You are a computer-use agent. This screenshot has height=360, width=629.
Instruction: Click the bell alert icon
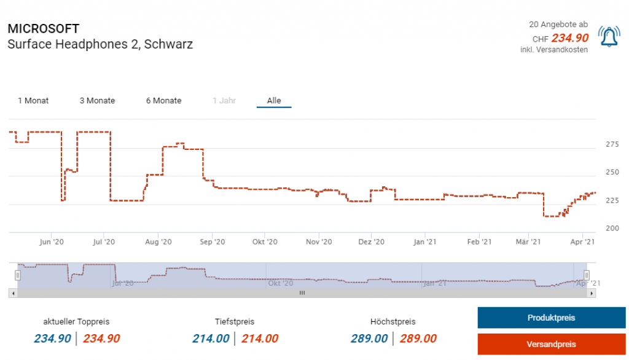click(x=609, y=37)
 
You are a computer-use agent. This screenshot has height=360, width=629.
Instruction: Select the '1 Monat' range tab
click(x=33, y=101)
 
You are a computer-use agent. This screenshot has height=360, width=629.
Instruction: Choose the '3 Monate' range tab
click(x=97, y=101)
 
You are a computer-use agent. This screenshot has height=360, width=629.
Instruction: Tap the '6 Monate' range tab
click(x=163, y=101)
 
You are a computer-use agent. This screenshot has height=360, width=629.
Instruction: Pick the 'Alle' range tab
click(x=274, y=101)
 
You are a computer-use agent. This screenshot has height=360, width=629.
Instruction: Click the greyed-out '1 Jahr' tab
click(x=224, y=101)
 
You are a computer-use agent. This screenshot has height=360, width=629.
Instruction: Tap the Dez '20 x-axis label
click(x=371, y=242)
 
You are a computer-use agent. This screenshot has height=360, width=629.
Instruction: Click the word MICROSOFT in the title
click(x=43, y=29)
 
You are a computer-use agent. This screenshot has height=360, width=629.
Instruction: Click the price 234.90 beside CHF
click(x=569, y=38)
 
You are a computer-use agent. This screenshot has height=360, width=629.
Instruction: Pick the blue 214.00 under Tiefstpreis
click(x=211, y=338)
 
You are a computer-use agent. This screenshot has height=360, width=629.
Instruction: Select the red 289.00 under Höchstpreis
click(x=418, y=338)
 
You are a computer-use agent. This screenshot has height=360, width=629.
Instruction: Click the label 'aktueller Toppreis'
click(x=76, y=321)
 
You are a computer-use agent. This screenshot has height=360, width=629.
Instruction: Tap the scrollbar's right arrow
click(x=592, y=294)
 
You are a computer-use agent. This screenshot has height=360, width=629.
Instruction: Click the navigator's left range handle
click(x=18, y=275)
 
